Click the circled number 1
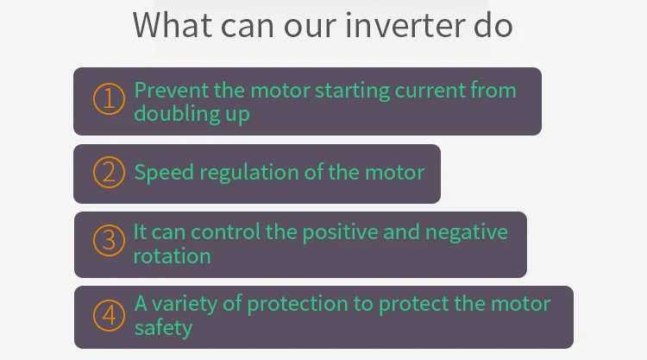coord(109,98)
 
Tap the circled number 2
coord(109,172)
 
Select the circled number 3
coord(109,240)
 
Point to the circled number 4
coord(109,315)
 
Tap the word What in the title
coord(173,26)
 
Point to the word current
coord(430,91)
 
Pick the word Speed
coord(164,173)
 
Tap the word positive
coord(340,233)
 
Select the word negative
coord(466,233)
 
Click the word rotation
coord(172,256)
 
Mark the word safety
coord(163,328)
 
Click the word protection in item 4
coord(298,305)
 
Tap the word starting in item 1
coord(352,91)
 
